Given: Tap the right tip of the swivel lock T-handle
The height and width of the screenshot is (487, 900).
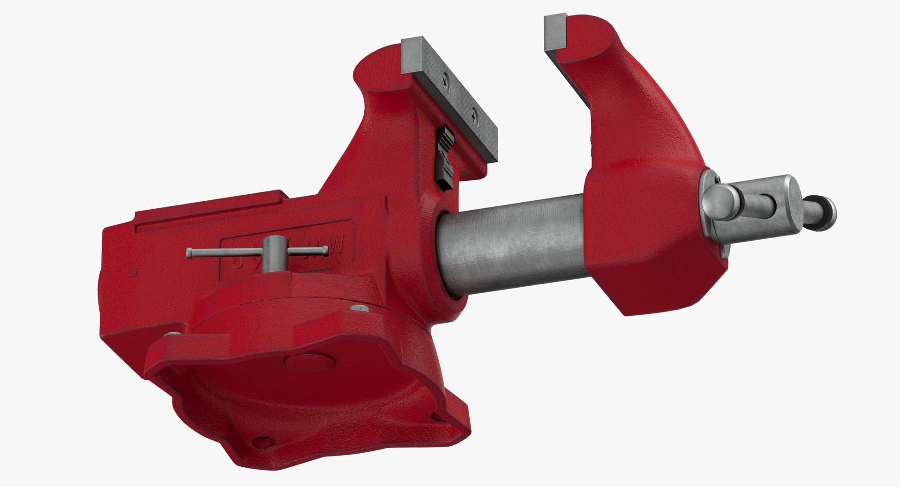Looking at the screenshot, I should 324,254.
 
